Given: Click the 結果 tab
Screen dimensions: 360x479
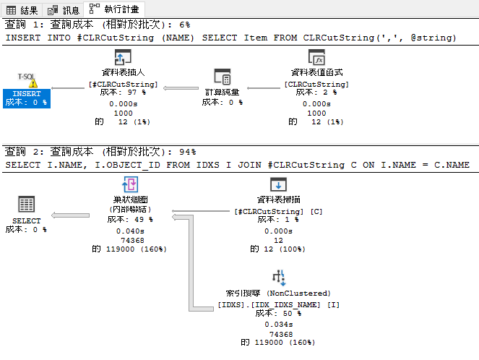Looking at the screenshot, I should (x=22, y=9).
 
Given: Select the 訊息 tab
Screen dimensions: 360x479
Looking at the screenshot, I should (x=64, y=9).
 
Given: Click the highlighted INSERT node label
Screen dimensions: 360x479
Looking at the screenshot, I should (x=27, y=94).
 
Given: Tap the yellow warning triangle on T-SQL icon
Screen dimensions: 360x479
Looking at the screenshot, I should (x=33, y=83).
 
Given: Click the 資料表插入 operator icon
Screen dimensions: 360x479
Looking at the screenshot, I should (x=122, y=58).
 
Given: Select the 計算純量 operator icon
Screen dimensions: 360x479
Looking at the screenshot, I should (x=222, y=77).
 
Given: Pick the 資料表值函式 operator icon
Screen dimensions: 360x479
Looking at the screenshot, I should (x=316, y=58).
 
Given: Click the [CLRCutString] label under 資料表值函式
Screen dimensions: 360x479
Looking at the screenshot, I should (x=316, y=85).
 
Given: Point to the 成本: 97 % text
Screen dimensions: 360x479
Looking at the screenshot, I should (x=122, y=93).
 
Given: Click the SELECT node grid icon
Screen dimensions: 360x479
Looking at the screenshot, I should (x=27, y=204).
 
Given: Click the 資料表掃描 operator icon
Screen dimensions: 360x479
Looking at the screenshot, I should (x=278, y=185).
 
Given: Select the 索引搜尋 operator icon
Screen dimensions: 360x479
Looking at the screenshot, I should (x=279, y=277).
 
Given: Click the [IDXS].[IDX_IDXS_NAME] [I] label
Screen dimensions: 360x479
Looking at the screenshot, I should (x=279, y=304).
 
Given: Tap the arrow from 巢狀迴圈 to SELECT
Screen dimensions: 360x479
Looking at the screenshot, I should (x=79, y=213).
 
